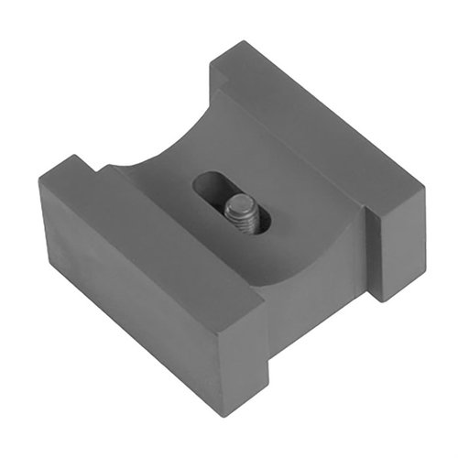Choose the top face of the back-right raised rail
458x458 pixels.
point(321,119)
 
